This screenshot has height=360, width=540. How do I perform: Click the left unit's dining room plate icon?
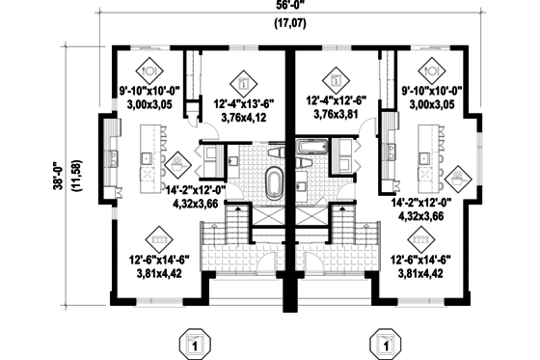click(149, 70)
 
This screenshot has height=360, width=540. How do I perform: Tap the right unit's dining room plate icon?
click(425, 70)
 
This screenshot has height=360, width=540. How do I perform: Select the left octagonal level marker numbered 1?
click(194, 343)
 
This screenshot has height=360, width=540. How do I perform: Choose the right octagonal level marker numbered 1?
click(386, 343)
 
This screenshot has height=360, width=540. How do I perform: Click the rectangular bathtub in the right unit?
click(314, 148)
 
